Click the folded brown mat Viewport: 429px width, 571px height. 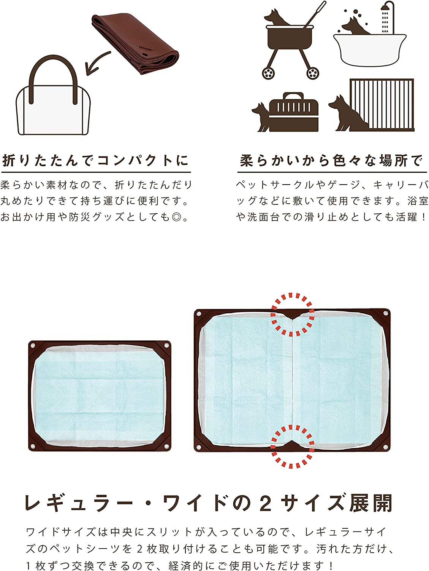coord(135,44)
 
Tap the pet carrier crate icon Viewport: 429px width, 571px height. coord(293,112)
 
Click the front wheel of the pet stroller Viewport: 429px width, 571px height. coord(268,73)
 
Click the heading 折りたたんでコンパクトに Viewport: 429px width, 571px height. coord(95,161)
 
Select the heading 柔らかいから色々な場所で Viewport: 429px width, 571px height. coord(332,161)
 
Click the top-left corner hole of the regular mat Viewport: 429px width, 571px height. coord(33,346)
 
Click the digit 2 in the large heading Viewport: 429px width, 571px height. coord(266,503)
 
